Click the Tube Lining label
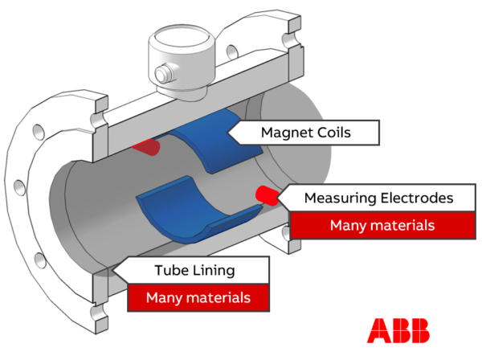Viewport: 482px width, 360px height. coord(195,271)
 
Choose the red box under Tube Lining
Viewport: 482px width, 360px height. coord(197,298)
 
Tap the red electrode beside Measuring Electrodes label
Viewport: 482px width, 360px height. coord(266,194)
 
